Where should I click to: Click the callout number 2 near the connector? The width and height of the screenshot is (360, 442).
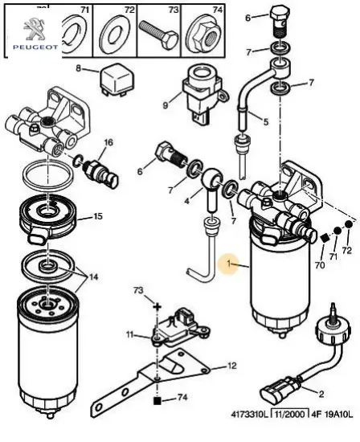click(x=321, y=394)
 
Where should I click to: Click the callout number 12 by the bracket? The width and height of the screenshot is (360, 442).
click(x=231, y=366)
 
